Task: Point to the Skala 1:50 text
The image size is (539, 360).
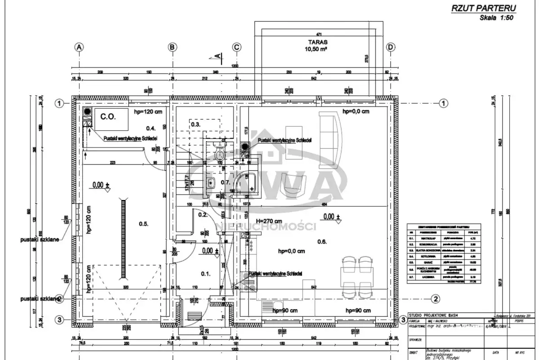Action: [x=495, y=18]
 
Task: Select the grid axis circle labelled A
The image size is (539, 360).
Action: [x=80, y=47]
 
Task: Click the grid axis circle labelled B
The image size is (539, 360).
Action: [x=172, y=47]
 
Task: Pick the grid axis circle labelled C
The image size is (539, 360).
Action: [x=237, y=47]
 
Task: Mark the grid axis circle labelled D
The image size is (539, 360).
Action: [x=391, y=47]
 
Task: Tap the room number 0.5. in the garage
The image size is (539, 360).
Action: [x=143, y=223]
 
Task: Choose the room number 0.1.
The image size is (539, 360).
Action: [x=206, y=273]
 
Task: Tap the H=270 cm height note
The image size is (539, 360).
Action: [x=269, y=221]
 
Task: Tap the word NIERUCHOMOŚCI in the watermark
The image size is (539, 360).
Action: [x=267, y=226]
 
